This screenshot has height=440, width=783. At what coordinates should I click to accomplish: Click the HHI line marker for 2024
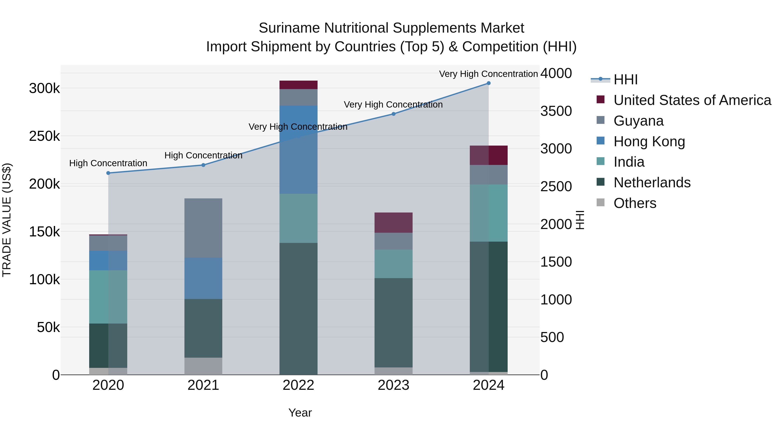(489, 83)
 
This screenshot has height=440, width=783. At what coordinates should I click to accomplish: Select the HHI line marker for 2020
(108, 173)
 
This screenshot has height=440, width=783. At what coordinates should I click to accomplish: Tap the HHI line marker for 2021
(203, 165)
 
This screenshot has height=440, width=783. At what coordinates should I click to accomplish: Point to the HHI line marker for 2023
(393, 114)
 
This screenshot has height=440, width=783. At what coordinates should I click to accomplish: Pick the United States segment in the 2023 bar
(393, 222)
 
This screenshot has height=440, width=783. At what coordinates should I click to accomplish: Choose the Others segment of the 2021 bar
(203, 366)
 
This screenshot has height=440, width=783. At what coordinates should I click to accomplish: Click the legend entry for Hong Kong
(649, 141)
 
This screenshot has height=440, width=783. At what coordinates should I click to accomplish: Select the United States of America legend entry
(692, 100)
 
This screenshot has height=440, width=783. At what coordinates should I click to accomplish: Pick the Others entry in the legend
(635, 203)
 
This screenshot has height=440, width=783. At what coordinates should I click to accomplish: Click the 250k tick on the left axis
(44, 136)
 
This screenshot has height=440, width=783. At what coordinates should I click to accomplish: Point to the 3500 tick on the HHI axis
(556, 111)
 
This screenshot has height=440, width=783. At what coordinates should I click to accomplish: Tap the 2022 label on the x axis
(298, 385)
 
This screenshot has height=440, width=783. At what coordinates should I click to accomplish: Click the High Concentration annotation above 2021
(203, 156)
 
